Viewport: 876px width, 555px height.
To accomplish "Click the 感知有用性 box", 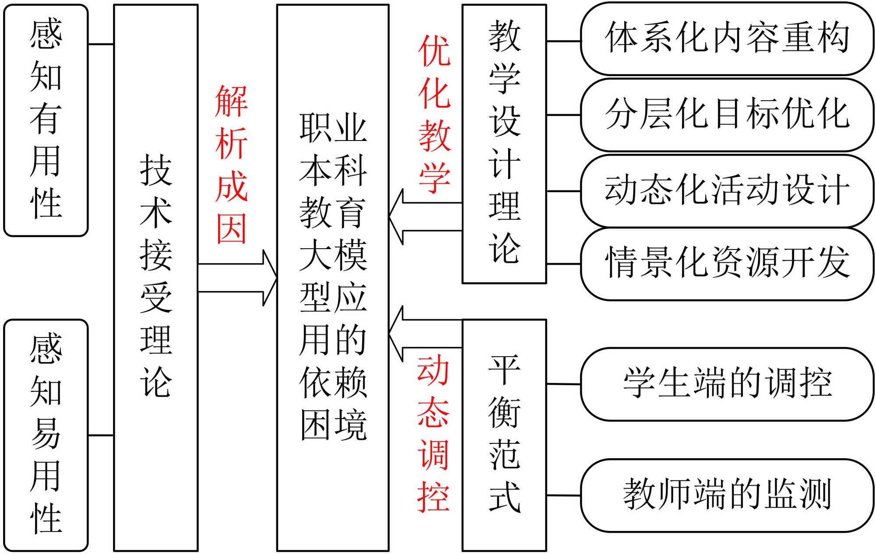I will pos(46,120).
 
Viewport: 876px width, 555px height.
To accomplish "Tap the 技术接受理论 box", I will pos(156,277).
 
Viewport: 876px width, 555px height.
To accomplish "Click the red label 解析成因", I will pos(232,164).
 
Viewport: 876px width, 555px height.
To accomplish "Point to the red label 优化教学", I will pos(434,114).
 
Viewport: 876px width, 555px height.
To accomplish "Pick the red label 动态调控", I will pos(433,433).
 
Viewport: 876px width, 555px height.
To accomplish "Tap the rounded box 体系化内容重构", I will pos(727,39).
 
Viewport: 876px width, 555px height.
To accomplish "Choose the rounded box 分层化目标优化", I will pos(727,115).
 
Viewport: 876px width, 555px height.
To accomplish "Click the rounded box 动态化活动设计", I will pos(727,191).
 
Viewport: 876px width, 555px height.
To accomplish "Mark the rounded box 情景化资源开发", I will pos(727,263).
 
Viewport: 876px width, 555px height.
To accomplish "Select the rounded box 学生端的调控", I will pos(727,384).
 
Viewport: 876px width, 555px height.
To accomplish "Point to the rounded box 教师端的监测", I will pos(727,495).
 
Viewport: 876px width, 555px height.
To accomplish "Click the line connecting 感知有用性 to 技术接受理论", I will pos(101,44).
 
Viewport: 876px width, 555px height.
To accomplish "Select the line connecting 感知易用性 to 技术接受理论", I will pos(101,436).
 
